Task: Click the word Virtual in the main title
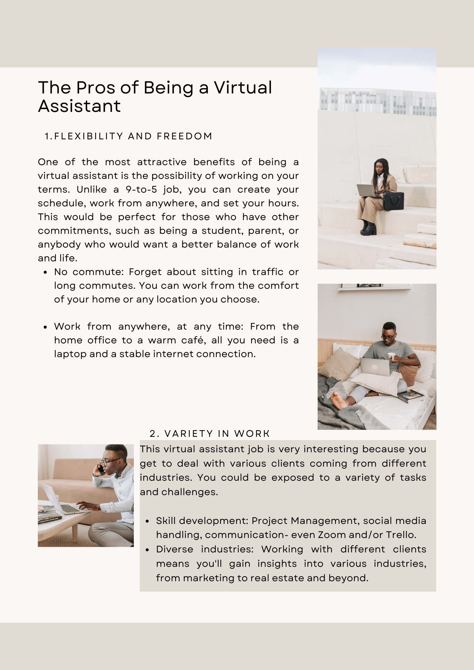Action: pyautogui.click(x=243, y=88)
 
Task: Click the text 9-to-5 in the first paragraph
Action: pyautogui.click(x=141, y=190)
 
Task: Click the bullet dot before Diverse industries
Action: pyautogui.click(x=147, y=550)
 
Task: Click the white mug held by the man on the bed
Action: pyautogui.click(x=391, y=356)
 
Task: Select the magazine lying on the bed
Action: pyautogui.click(x=410, y=396)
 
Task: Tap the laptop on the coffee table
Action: pyautogui.click(x=60, y=500)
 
